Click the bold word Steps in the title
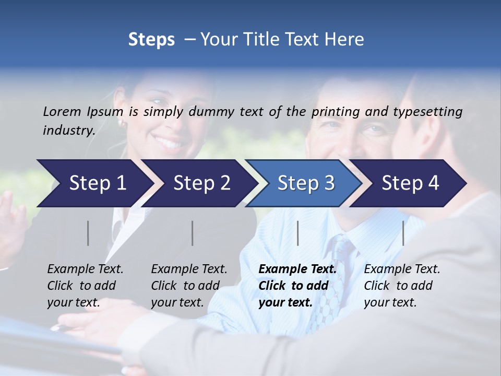(151, 40)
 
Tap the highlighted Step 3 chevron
(306, 183)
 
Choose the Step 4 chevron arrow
(410, 183)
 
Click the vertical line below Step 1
(88, 233)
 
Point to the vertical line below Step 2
(193, 233)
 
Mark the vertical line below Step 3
(298, 233)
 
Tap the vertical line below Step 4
(403, 233)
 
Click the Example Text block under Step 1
(85, 286)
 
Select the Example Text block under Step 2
(189, 286)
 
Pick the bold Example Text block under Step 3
(297, 286)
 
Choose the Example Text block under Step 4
(402, 286)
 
